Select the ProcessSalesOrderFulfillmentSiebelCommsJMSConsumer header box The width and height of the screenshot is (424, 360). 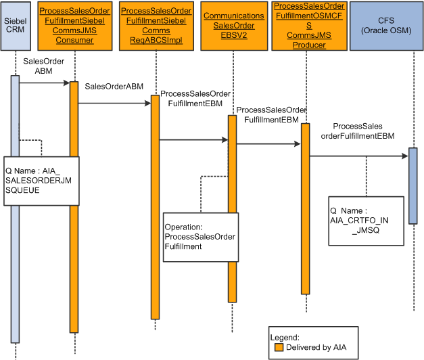[75, 26]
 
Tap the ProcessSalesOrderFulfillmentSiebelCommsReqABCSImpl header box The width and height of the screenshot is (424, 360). [156, 26]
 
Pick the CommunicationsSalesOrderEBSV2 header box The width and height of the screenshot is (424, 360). [234, 26]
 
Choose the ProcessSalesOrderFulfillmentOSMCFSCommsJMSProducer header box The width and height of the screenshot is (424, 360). [308, 26]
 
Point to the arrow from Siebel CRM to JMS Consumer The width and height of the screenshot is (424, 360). [45, 83]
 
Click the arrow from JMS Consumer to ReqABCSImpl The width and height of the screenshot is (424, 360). [114, 104]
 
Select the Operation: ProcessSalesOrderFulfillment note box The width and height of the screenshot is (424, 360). [200, 237]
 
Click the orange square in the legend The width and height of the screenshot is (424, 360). [279, 347]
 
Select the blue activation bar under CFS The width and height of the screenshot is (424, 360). [413, 185]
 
